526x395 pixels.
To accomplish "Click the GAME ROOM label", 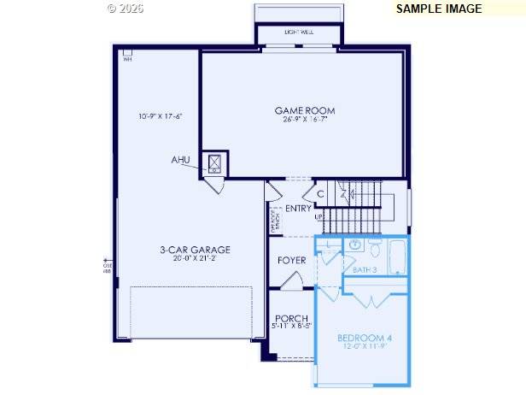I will coord(304,110).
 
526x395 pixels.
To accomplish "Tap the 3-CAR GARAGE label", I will coord(195,250).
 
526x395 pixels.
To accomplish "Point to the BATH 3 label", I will coord(365,269).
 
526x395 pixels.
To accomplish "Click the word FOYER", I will coord(292,260).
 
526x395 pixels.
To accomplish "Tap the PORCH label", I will coord(291,318).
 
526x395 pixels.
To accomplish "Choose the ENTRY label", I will coord(298,209).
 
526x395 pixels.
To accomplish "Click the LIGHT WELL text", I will coord(298,32).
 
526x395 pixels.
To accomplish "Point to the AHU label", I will coord(180,160).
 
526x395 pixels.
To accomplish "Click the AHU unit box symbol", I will coord(213,162).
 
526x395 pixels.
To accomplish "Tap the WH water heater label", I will coord(127,59).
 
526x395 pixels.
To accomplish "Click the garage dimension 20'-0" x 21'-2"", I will coord(195,258).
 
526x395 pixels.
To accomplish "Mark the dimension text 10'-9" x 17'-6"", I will coord(161,116).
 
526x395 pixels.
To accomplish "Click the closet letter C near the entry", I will coord(320,194).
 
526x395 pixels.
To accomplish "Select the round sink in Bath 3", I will coord(354,246).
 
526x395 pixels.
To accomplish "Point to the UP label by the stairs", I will coord(319,217).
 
